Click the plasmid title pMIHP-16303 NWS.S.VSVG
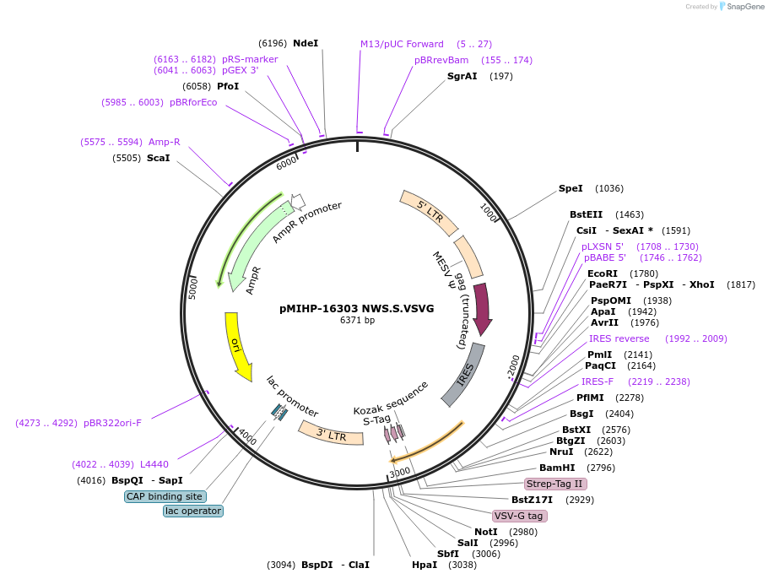click(x=356, y=309)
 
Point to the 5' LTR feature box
click(x=430, y=212)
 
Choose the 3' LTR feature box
click(x=331, y=433)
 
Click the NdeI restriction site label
click(x=306, y=43)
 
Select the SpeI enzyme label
click(x=571, y=188)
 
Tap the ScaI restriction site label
click(x=158, y=158)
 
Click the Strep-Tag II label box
click(x=554, y=484)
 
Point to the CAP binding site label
click(x=164, y=496)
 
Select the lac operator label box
click(x=193, y=511)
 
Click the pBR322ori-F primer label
click(x=112, y=423)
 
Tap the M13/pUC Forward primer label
click(x=402, y=44)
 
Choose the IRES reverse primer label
click(x=619, y=338)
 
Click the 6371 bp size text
click(x=357, y=321)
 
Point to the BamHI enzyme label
click(x=557, y=468)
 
